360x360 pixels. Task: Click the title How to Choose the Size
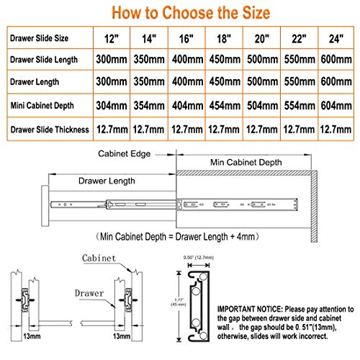[179, 12]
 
